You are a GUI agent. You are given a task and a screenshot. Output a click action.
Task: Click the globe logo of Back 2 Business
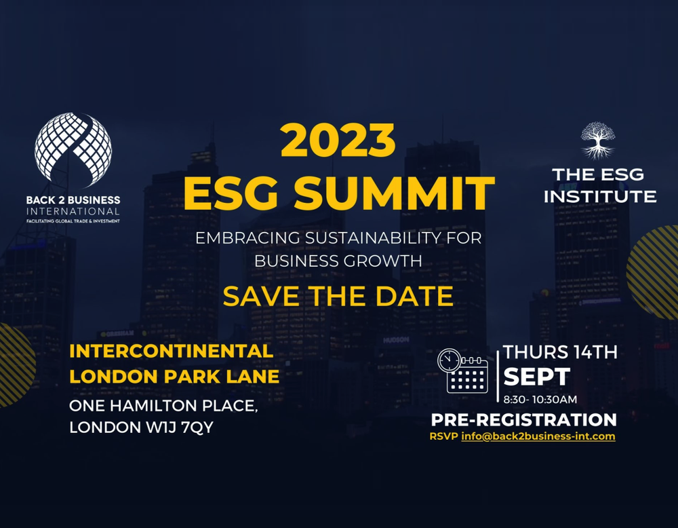(x=73, y=151)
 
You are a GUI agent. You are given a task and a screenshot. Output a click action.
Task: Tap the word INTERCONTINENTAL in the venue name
(x=172, y=352)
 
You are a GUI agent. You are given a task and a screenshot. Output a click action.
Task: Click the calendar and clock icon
(x=462, y=371)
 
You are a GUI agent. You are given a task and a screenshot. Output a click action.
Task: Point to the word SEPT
(x=536, y=376)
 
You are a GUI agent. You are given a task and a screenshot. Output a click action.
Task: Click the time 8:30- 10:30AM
(x=540, y=399)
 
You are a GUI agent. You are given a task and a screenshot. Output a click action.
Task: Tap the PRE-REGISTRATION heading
(x=523, y=419)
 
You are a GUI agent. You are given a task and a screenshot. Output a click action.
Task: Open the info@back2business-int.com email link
(x=538, y=436)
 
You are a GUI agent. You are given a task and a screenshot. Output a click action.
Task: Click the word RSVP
(x=443, y=436)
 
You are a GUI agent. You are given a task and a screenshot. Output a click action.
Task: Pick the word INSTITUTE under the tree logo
(x=599, y=197)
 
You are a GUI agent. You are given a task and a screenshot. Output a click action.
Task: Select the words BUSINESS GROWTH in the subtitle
(x=338, y=260)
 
